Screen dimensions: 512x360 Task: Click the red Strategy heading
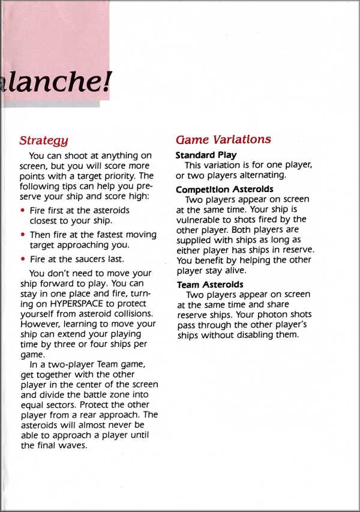(x=43, y=141)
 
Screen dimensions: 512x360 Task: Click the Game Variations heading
(x=223, y=140)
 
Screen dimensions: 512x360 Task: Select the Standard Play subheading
(x=205, y=155)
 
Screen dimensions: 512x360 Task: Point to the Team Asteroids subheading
(x=209, y=285)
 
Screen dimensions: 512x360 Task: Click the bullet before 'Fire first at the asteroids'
(x=23, y=211)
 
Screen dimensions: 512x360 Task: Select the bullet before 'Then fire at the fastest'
(x=23, y=235)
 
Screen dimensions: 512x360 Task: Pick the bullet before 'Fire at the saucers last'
(x=23, y=259)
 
